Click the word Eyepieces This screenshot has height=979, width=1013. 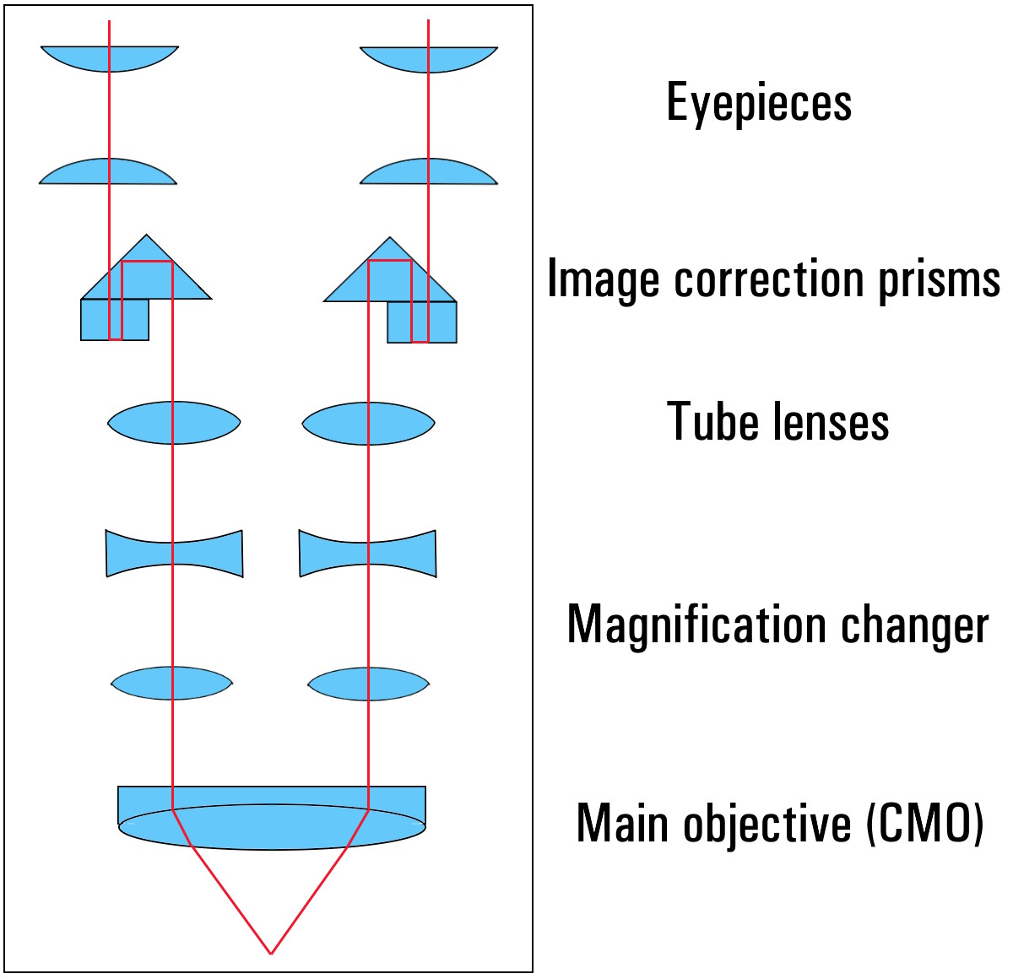click(x=759, y=103)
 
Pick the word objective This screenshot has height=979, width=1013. click(x=767, y=824)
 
